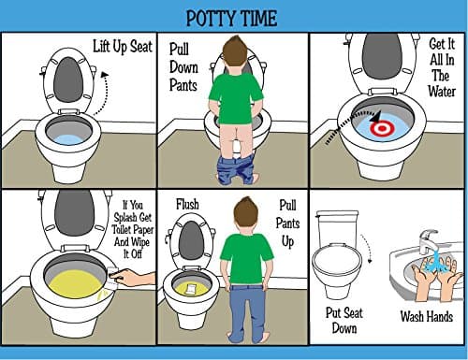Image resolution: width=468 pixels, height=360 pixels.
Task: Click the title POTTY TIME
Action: (233, 19)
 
